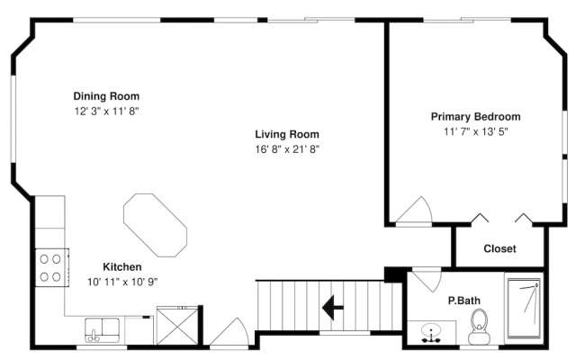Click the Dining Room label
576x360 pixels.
106,96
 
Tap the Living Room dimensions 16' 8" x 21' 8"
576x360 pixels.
287,149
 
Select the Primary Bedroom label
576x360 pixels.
476,117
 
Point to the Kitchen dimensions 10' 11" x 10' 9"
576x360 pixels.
122,282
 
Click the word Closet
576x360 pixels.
499,248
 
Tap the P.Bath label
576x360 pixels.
464,301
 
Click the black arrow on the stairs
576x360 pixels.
333,308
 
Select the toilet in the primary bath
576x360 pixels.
479,327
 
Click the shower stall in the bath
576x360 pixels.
524,309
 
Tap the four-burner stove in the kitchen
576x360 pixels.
52,268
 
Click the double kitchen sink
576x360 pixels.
103,330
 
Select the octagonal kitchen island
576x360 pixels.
155,225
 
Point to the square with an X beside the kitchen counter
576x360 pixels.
177,327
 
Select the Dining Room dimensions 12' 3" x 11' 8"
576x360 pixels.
107,112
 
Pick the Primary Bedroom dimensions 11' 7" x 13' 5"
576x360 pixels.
476,131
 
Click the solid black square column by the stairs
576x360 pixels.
393,274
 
